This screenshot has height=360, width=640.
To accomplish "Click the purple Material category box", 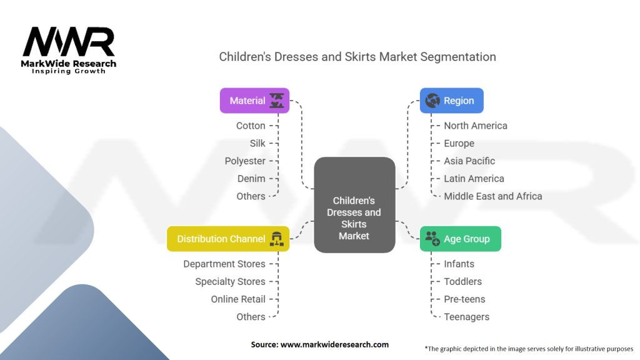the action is pyautogui.click(x=255, y=101).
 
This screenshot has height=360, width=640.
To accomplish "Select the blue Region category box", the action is pyautogui.click(x=451, y=101).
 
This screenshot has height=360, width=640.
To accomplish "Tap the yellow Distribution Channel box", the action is pyautogui.click(x=228, y=239).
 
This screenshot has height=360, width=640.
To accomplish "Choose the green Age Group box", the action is pyautogui.click(x=461, y=239).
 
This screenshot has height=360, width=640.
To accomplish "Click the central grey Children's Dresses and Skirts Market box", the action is pyautogui.click(x=354, y=205).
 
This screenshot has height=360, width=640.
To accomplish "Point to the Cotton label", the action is pyautogui.click(x=251, y=126).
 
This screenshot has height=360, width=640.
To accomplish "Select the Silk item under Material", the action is pyautogui.click(x=257, y=143).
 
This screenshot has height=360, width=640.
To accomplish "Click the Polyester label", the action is pyautogui.click(x=245, y=161).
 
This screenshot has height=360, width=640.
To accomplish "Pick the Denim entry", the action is pyautogui.click(x=251, y=179).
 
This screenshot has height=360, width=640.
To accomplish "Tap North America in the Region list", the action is pyautogui.click(x=476, y=126).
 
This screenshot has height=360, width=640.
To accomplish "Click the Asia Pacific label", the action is pyautogui.click(x=469, y=161).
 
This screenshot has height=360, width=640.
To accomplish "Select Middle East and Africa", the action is pyautogui.click(x=493, y=196).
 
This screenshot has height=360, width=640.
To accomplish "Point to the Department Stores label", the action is pyautogui.click(x=224, y=264).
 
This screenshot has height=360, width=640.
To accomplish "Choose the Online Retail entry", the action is pyautogui.click(x=238, y=299).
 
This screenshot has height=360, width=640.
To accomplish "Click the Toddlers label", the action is pyautogui.click(x=463, y=282).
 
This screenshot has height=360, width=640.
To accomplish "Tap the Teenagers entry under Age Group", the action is pyautogui.click(x=466, y=317).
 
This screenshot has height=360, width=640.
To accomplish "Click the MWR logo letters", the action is pyautogui.click(x=69, y=42).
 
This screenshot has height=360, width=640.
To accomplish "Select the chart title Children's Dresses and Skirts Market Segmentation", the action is pyautogui.click(x=357, y=57).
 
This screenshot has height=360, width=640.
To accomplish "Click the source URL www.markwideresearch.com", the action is pyautogui.click(x=334, y=344).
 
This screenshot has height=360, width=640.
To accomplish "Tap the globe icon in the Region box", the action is pyautogui.click(x=432, y=101).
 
